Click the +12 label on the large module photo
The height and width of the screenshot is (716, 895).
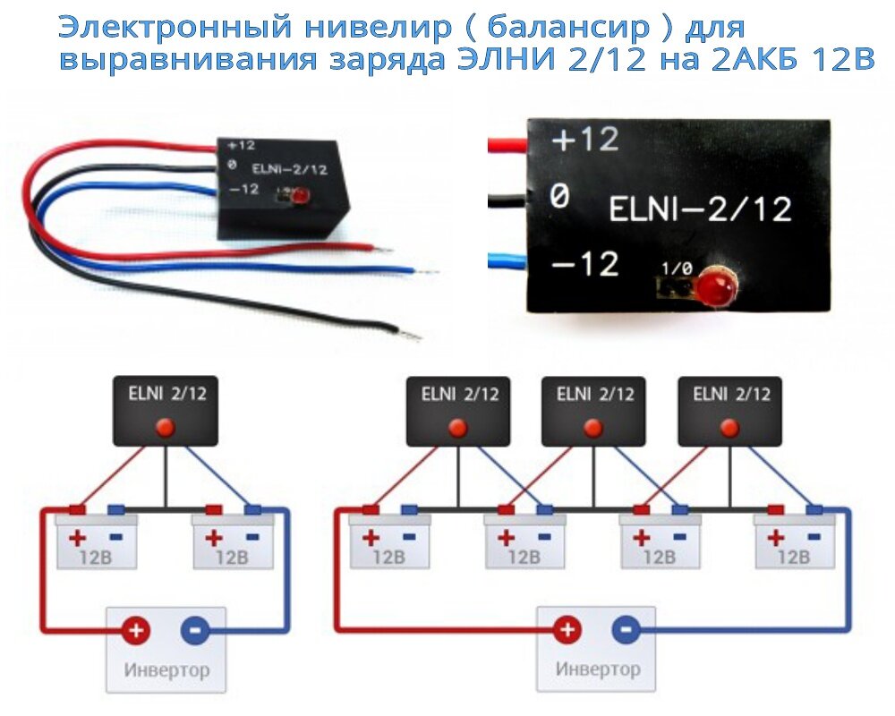point(584,141)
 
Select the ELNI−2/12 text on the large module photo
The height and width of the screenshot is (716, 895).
point(700,209)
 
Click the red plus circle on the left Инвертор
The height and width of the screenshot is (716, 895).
point(136,630)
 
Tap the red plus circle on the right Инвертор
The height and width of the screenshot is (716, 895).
point(567,630)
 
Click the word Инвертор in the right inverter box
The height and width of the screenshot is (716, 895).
point(598,669)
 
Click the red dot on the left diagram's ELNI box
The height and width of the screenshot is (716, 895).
point(166,427)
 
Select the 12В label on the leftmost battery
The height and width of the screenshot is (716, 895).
point(96,557)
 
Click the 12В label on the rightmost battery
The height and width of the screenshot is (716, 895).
point(795,557)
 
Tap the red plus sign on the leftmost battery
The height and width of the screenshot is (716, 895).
point(77,539)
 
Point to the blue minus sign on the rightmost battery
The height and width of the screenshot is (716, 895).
point(814,538)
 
